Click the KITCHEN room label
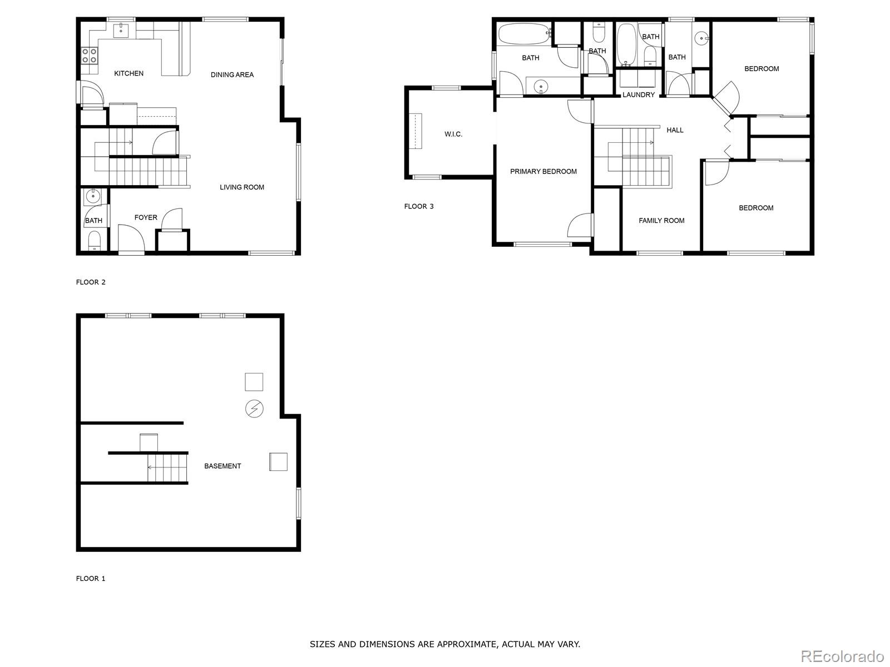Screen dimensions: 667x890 pos(128,73)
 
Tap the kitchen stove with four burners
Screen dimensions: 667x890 pos(90,56)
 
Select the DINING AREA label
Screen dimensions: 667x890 pos(232,74)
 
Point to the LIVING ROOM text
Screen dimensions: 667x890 pos(241,187)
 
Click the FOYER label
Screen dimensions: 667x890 pos(146,217)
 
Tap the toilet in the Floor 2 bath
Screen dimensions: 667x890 pos(94,240)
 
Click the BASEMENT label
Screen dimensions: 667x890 pos(222,466)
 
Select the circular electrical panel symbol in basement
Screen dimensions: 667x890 pos(254,409)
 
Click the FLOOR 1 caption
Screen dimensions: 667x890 pos(91,578)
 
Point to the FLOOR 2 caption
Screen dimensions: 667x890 pos(91,282)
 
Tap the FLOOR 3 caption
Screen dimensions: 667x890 pos(419,206)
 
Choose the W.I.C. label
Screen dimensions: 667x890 pos(453,134)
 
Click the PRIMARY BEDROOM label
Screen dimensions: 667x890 pos(543,171)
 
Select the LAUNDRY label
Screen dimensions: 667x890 pos(639,94)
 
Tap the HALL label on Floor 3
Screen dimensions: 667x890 pos(675,130)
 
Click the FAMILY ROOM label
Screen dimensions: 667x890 pos(661,221)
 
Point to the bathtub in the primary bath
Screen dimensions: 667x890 pos(523,33)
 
